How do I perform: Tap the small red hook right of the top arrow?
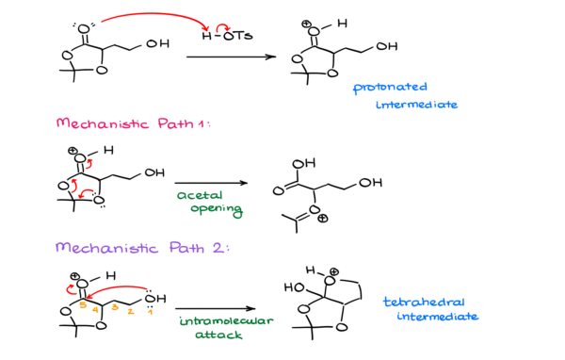click(x=222, y=27)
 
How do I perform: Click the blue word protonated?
click(x=390, y=88)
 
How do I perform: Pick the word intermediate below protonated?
click(x=416, y=105)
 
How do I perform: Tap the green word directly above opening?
click(x=199, y=195)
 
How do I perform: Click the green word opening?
click(x=217, y=210)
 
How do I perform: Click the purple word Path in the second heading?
click(x=187, y=248)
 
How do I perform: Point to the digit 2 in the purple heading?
click(x=218, y=248)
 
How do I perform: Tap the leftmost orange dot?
click(x=83, y=305)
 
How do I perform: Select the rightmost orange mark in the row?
click(x=150, y=312)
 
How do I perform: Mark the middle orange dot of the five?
click(x=115, y=307)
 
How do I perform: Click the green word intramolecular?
click(x=226, y=320)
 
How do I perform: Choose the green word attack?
click(x=218, y=335)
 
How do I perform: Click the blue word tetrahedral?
click(x=423, y=302)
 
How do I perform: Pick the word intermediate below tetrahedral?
click(x=437, y=317)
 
